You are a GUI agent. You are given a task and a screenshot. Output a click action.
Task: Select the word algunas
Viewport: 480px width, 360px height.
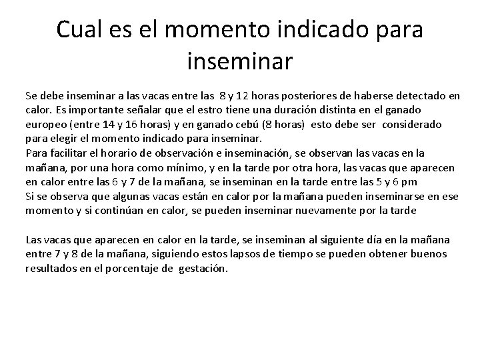point(117,196)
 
